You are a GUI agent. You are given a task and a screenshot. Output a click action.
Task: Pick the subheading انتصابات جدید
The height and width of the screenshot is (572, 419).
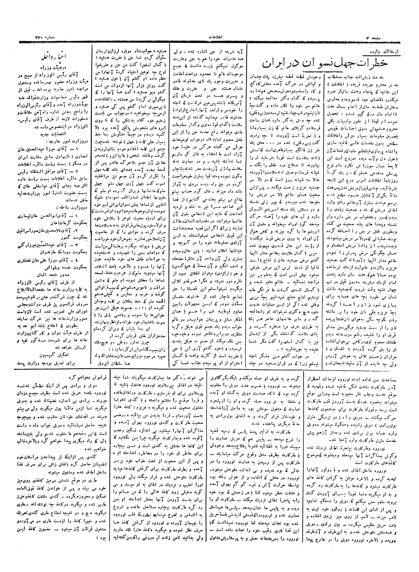tap(53, 134)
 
